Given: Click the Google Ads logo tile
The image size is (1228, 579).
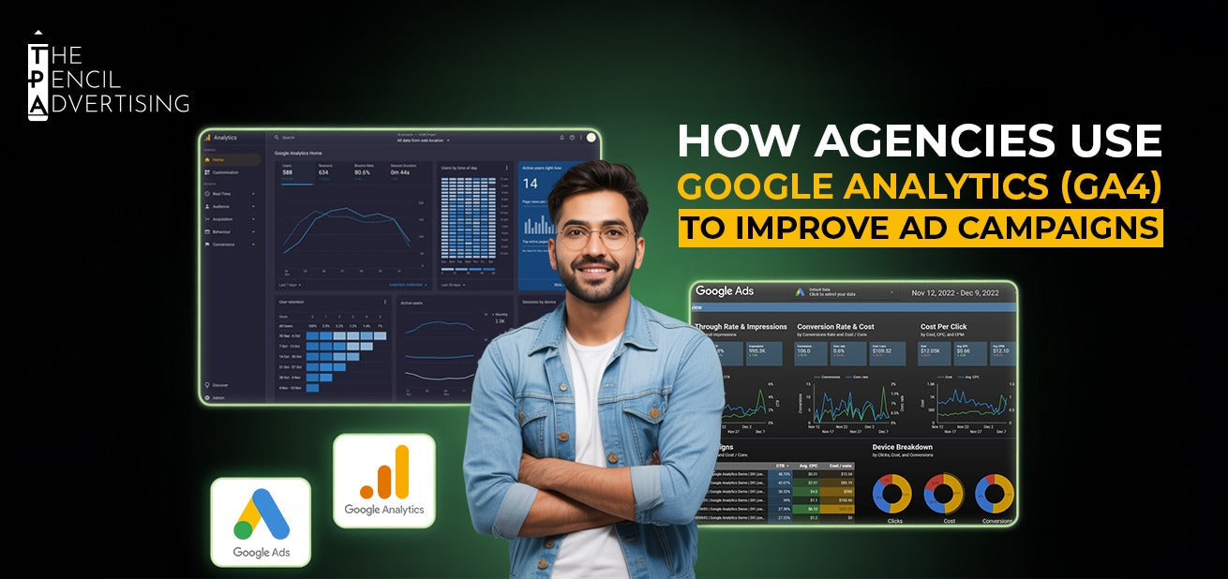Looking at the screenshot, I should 261,522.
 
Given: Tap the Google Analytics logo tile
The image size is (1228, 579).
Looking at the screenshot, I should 384,481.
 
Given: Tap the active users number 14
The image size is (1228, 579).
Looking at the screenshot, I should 531,184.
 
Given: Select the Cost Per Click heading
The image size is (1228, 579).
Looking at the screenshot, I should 944,327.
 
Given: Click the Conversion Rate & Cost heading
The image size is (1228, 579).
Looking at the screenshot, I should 835,327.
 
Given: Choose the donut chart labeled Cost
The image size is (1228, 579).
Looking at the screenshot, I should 943,493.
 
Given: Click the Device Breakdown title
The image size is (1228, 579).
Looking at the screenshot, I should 902,447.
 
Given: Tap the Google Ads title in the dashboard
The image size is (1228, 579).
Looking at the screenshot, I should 725,291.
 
